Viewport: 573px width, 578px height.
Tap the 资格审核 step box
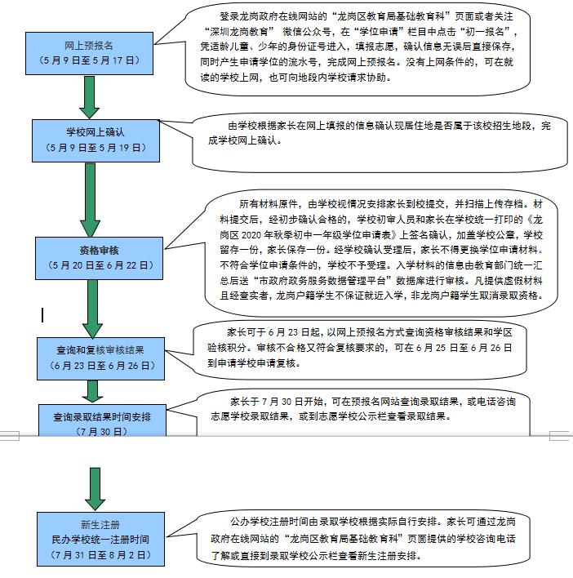point(100,257)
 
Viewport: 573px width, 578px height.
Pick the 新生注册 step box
point(101,538)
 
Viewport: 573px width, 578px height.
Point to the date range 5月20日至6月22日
point(100,265)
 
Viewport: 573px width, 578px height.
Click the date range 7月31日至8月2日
point(101,554)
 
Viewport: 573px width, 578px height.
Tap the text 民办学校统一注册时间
point(101,540)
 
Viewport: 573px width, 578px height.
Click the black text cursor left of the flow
point(42,313)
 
